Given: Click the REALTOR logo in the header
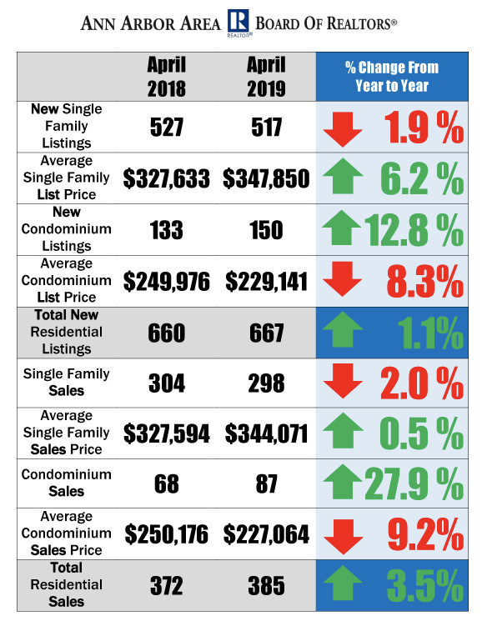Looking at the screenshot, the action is coord(238,23).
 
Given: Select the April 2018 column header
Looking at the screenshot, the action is coord(167,76).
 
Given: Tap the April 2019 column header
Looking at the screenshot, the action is coord(266,76).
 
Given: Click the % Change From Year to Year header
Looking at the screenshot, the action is coord(392,76).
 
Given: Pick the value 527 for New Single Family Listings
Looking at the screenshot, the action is coord(167,127).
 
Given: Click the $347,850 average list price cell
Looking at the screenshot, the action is coord(266,178).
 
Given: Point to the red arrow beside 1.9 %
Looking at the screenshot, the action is coord(343,129).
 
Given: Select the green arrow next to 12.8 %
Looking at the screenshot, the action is coord(341,228).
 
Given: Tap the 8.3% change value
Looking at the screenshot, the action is coord(425,282).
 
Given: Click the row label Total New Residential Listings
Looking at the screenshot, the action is coord(66,332).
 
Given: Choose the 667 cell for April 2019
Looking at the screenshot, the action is coord(266,333).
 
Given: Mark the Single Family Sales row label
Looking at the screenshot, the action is coord(66,382).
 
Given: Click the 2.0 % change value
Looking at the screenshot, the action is coord(422,383).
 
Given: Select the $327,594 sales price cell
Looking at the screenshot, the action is coord(167,433).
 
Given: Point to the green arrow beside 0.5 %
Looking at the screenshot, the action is coord(343,430).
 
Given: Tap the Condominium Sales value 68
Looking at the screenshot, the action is coord(167,483).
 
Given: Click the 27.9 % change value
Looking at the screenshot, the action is coord(414,483).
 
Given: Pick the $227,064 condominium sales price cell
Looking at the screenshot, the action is coord(266,534).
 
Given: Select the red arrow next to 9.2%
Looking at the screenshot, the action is coord(344,537).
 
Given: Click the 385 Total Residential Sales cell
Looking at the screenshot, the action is coord(266,586).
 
